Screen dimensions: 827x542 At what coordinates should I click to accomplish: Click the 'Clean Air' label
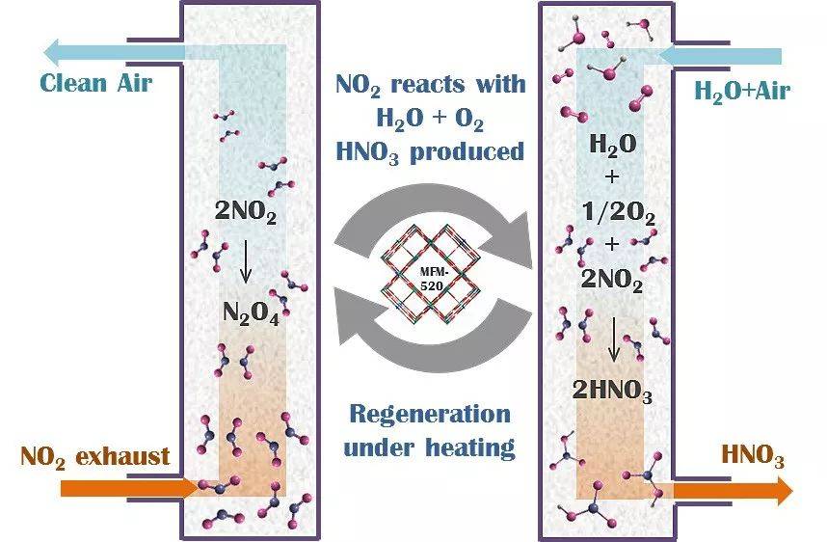(x=96, y=83)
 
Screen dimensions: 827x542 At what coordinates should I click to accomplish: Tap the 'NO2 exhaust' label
(x=94, y=457)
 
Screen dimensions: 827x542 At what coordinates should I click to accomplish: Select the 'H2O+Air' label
(x=742, y=92)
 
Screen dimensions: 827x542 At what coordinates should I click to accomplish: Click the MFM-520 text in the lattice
(x=432, y=280)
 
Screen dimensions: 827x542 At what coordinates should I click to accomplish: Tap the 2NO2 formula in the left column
(x=246, y=211)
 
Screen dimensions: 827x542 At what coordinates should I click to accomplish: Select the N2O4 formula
(x=251, y=313)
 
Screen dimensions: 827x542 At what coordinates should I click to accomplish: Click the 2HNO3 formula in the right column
(x=612, y=391)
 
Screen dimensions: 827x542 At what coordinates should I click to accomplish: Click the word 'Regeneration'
(x=430, y=414)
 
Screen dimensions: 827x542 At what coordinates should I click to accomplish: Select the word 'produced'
(x=467, y=153)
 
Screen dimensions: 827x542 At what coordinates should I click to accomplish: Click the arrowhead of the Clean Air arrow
(x=56, y=53)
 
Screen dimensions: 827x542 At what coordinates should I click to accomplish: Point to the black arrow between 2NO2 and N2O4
(x=245, y=261)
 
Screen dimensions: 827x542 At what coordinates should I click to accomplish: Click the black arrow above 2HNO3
(x=613, y=339)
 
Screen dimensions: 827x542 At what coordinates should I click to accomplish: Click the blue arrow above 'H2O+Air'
(x=719, y=56)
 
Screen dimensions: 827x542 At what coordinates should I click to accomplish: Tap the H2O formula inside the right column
(x=612, y=144)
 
